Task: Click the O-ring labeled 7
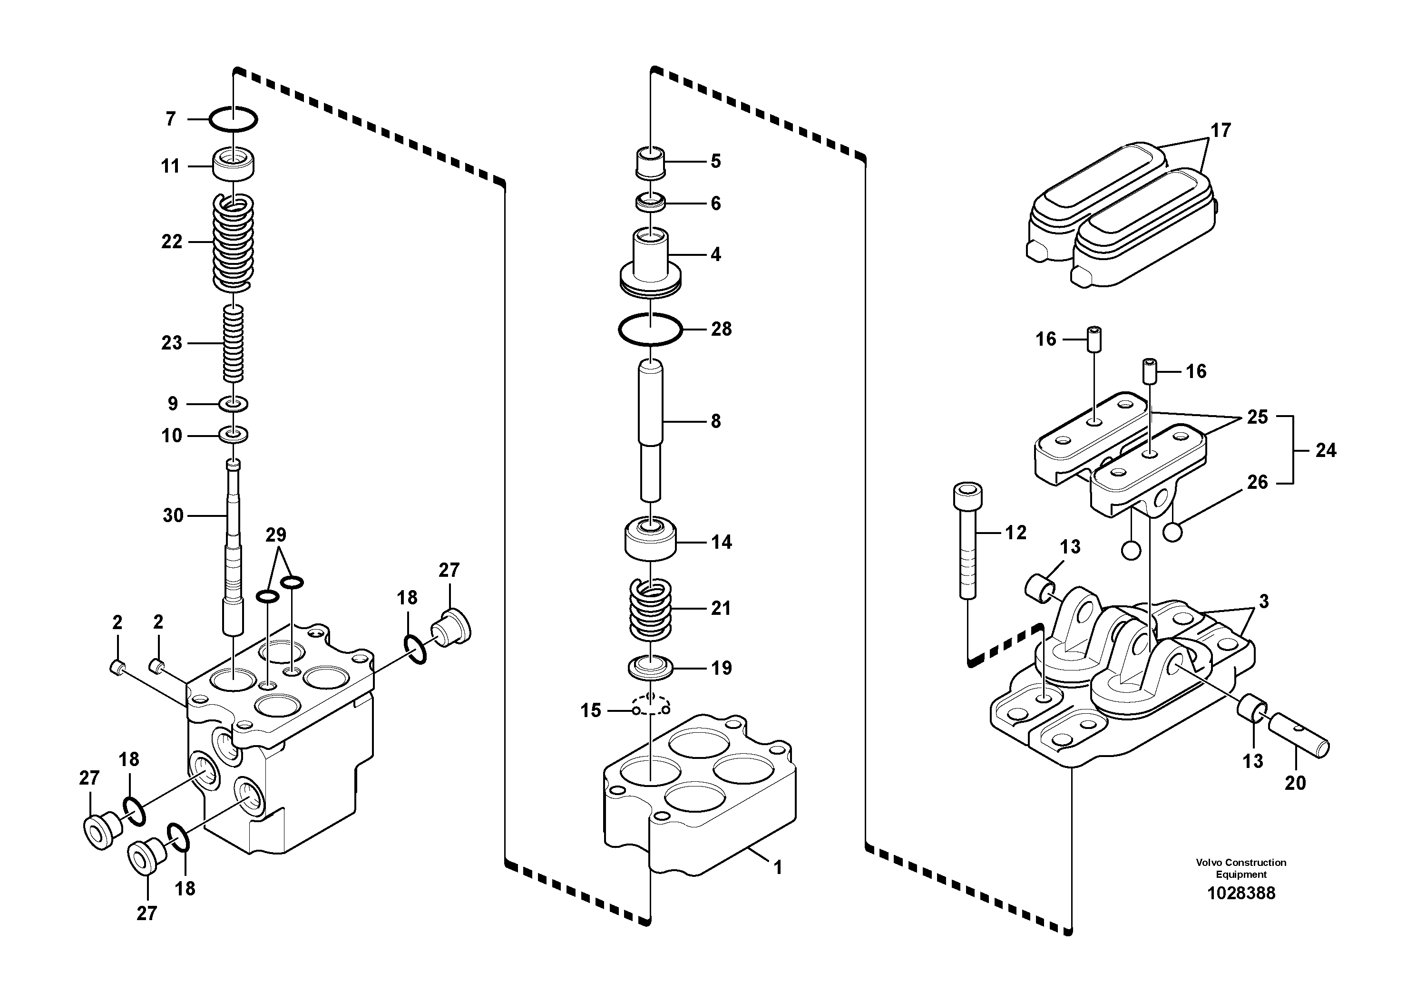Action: [x=233, y=118]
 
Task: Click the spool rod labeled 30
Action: [x=234, y=543]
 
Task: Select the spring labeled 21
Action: [x=650, y=609]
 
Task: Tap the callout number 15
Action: [x=590, y=711]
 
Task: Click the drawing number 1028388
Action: [x=1241, y=893]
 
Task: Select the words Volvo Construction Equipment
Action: [x=1241, y=868]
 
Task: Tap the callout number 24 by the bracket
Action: [x=1326, y=451]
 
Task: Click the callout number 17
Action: [x=1221, y=131]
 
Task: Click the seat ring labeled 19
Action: [x=650, y=668]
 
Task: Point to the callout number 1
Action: [x=778, y=868]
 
